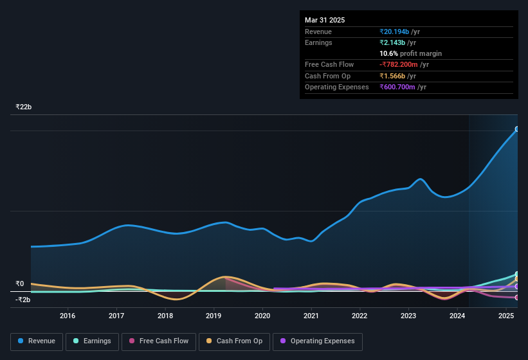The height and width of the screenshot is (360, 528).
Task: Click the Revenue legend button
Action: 37,341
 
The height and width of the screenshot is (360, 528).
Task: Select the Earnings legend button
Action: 92,341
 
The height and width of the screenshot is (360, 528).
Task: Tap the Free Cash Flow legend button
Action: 159,341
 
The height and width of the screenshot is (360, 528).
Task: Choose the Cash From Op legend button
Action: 234,341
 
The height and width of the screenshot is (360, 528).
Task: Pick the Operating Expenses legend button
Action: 317,341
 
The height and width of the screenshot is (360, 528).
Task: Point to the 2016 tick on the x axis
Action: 68,316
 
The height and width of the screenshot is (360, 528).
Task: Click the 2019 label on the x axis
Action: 214,316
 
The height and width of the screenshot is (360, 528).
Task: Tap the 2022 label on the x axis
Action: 360,316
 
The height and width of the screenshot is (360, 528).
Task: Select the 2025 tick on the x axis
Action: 506,316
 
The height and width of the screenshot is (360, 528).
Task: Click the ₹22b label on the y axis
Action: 24,107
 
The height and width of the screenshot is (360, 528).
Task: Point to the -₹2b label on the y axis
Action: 23,300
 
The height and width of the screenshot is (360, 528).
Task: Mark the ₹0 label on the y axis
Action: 20,283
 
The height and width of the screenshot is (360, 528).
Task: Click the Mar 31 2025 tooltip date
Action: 325,20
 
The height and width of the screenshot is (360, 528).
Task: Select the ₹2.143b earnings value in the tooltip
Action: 394,42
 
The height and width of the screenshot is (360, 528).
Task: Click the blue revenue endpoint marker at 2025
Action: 517,129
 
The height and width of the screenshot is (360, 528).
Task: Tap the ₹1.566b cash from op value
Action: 394,76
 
